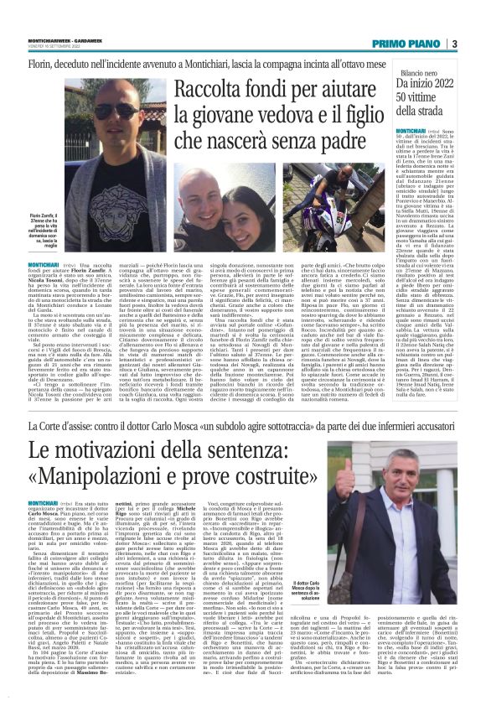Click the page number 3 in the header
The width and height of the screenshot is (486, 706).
453,44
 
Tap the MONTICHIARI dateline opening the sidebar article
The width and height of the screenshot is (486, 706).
411,132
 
